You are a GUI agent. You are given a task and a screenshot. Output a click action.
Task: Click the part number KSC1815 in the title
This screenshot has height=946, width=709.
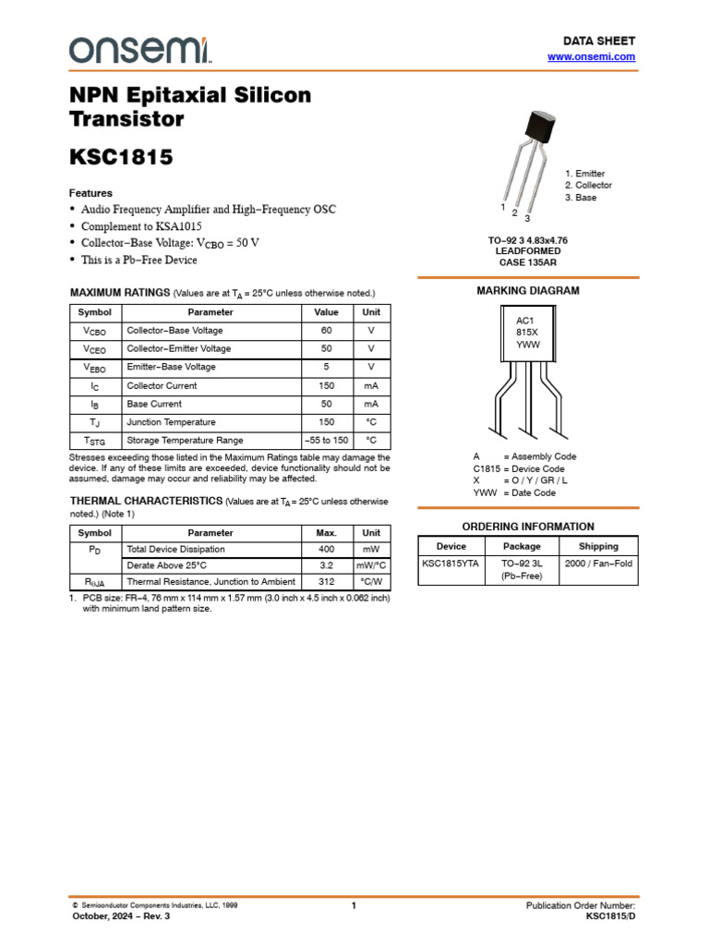coord(121,157)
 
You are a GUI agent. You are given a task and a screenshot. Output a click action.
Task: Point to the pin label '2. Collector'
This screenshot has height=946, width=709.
coord(588,186)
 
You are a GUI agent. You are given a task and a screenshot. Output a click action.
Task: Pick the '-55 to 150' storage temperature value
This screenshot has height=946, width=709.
coord(327,441)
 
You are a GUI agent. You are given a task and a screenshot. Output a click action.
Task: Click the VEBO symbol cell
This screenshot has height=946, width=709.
coord(94,368)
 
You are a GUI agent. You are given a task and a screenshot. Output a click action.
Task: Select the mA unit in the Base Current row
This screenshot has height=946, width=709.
coord(371,405)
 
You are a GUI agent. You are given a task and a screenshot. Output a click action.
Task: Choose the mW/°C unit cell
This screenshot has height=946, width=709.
coord(371,565)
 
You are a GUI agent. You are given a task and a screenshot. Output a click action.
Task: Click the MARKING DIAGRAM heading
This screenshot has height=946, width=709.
coord(527,291)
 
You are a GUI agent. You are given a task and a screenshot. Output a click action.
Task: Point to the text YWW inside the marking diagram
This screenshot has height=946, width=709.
coord(527,345)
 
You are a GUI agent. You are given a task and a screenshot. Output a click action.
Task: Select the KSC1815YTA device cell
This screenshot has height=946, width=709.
coord(451,564)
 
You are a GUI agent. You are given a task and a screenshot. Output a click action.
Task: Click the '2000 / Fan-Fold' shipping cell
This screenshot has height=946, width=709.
coord(598,564)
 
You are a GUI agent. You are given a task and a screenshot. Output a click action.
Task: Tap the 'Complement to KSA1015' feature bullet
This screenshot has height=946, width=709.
coord(141,226)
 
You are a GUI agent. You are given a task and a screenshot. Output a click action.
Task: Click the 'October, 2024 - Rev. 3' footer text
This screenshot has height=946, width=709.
coord(121,916)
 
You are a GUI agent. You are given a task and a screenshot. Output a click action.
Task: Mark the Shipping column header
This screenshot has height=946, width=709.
coord(598,546)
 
